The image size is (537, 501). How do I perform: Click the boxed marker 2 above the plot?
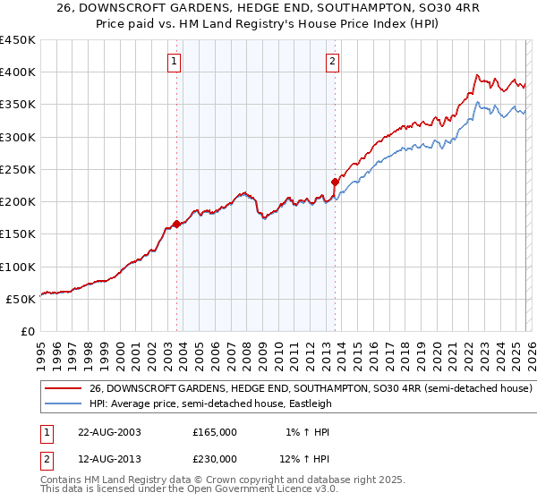point(332,62)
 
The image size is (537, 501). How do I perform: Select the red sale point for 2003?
point(176,225)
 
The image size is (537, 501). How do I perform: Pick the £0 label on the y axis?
point(27,331)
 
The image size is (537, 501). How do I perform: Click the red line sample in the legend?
point(63,389)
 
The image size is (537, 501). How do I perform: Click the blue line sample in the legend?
point(63,403)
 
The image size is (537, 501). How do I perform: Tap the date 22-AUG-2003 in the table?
point(109,432)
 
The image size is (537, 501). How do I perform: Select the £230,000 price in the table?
point(215,458)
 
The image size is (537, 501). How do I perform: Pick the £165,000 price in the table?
point(215,432)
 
